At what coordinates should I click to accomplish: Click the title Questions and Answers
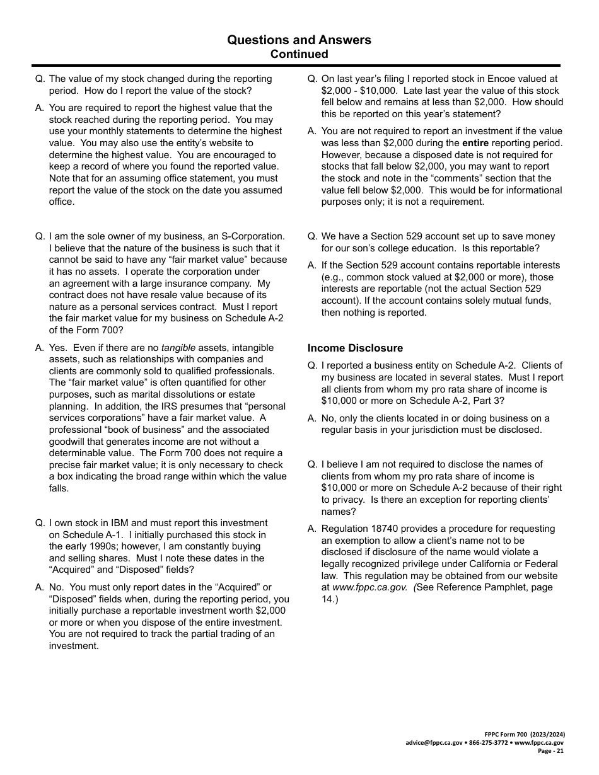[x=299, y=40]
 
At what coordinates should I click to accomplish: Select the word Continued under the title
[x=299, y=54]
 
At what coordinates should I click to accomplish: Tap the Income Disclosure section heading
[x=355, y=348]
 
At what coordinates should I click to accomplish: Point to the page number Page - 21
[x=551, y=751]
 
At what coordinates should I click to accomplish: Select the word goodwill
[x=69, y=442]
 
